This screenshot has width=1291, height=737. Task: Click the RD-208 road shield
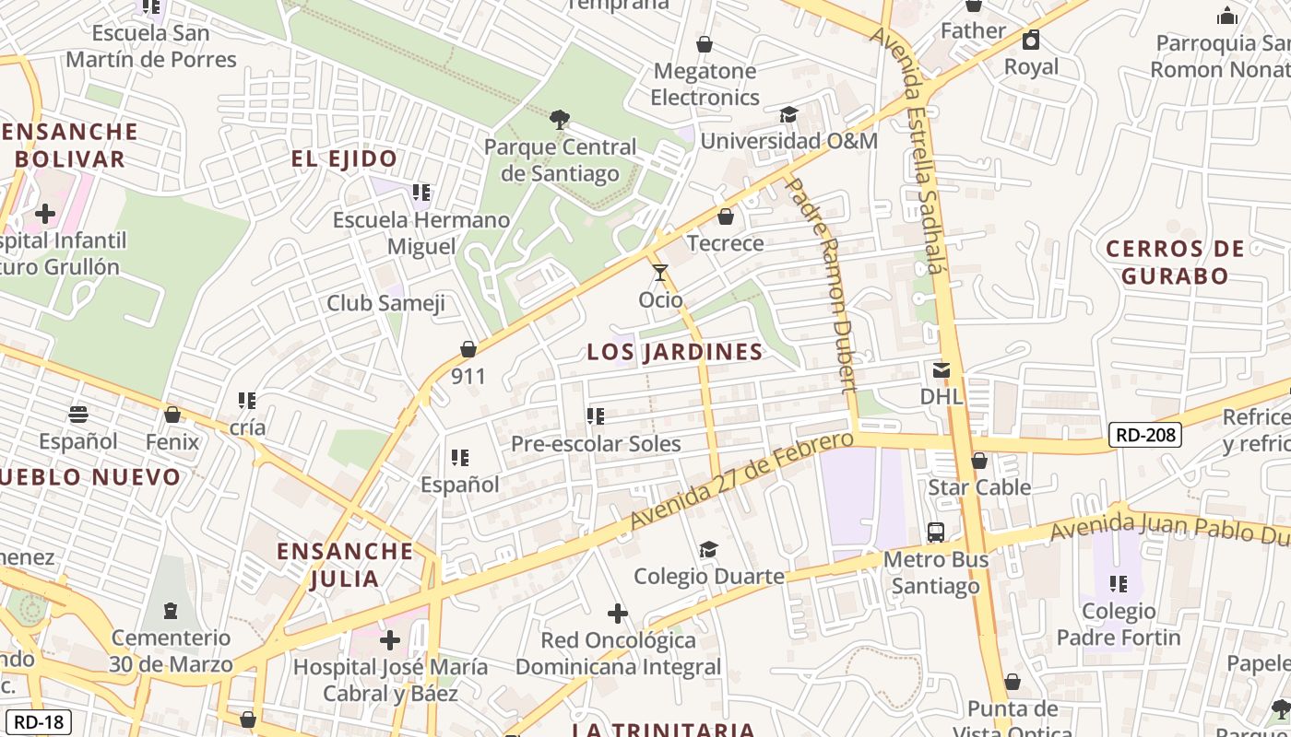point(1144,435)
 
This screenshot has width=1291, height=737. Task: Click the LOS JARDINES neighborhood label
point(675,352)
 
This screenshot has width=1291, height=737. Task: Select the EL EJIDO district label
point(344,158)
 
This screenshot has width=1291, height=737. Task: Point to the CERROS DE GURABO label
point(1174,262)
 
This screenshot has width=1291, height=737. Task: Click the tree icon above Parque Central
point(559,119)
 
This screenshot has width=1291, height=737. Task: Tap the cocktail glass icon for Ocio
point(660,272)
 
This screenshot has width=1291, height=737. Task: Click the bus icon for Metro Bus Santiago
point(935,532)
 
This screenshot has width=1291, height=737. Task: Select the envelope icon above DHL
point(942,370)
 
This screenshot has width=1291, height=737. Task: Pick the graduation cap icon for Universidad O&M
point(788,114)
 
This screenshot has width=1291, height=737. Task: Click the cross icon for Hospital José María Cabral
point(390,638)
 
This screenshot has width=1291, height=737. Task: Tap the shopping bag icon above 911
point(468,349)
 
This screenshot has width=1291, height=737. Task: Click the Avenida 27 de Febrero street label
point(741,481)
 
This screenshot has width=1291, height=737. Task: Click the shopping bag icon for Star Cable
point(979,460)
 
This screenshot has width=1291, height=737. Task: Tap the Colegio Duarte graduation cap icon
point(708,549)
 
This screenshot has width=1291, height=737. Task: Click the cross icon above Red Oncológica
point(618,613)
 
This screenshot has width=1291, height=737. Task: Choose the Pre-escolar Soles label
point(596,443)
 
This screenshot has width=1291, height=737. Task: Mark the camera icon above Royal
point(1031,40)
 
